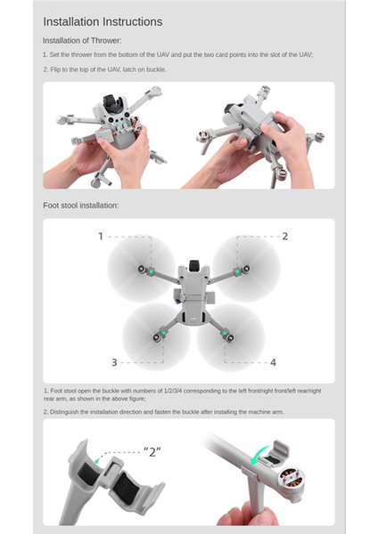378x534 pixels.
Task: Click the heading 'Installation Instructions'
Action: tap(103, 21)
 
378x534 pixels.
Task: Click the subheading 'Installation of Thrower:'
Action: tap(82, 41)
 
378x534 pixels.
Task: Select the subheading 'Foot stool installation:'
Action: tap(80, 206)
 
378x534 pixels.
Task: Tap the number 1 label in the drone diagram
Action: tap(101, 236)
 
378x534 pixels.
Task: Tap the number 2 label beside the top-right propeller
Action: tap(284, 236)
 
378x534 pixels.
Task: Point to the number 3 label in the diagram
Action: tap(114, 362)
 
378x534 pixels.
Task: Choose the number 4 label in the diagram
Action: tap(273, 362)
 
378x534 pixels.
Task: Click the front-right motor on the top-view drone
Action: tap(238, 267)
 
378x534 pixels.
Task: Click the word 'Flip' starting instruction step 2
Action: tap(56, 69)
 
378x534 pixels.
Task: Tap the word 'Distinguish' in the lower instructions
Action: tap(69, 412)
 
